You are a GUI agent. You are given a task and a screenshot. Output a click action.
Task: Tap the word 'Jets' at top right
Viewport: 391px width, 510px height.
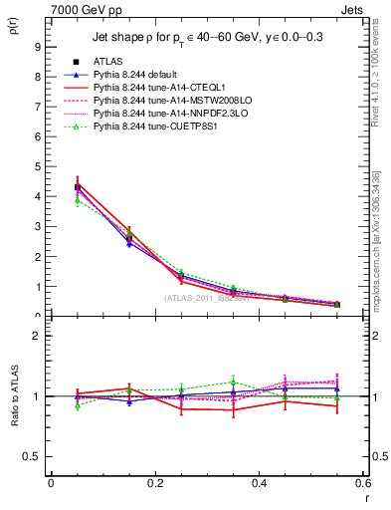(352, 11)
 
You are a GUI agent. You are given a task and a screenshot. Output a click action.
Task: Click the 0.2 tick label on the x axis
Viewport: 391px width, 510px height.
(155, 482)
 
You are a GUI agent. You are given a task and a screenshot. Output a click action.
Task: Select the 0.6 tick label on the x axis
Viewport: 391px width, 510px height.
(363, 482)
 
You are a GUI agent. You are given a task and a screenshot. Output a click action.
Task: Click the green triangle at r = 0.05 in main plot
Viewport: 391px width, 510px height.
(78, 201)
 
